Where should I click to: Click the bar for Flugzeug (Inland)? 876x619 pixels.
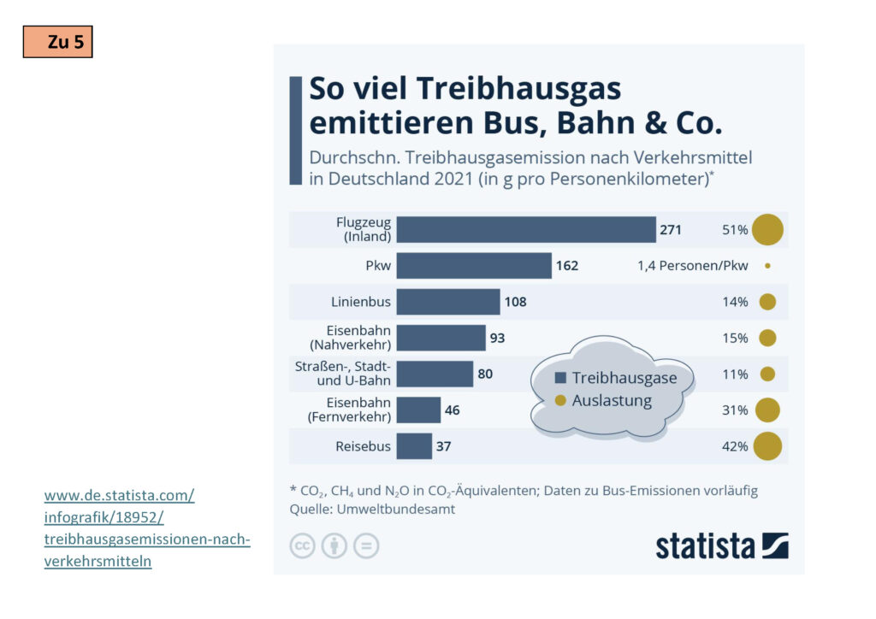point(525,230)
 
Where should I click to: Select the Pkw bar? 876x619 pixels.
point(474,266)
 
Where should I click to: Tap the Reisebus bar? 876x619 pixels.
point(414,446)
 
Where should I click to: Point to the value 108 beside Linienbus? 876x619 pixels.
point(515,302)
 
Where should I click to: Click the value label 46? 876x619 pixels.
point(452,410)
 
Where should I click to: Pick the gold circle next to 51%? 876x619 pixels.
point(767,230)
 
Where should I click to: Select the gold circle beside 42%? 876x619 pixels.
point(767,446)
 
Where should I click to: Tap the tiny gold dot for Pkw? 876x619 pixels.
point(767,266)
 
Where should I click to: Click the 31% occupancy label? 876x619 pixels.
point(735,410)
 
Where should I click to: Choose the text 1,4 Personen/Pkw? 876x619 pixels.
point(692,266)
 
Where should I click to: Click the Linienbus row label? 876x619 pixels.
point(361,302)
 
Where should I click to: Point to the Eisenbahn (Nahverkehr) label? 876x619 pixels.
point(358,338)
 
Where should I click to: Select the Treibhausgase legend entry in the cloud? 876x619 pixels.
point(624,378)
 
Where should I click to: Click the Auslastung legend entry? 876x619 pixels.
point(611,400)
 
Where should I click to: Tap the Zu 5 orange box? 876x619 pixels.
point(57,42)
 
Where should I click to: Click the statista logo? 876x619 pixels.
point(721,545)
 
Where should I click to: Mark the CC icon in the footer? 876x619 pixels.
point(302,545)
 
